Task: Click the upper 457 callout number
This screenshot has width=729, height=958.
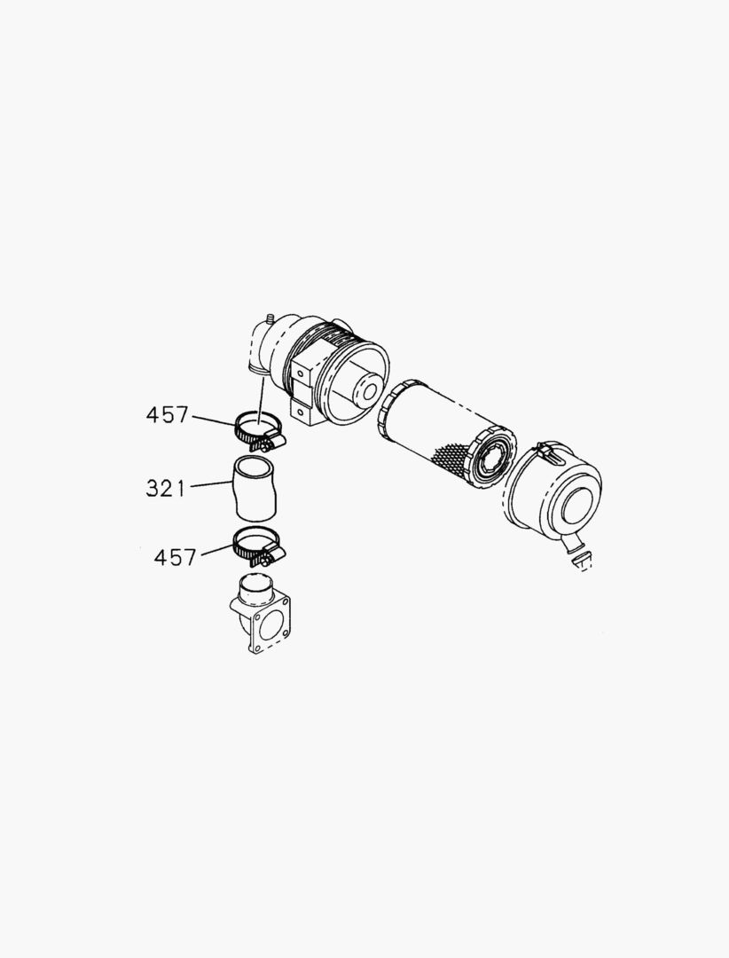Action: coord(167,415)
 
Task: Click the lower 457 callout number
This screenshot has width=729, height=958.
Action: coord(175,557)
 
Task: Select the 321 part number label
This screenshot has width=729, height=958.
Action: coord(165,488)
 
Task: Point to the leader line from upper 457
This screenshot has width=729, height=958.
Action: coord(215,421)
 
